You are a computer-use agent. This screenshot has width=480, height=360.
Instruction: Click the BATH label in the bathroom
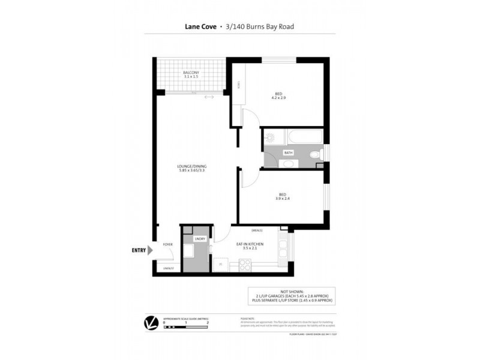[x=289, y=153]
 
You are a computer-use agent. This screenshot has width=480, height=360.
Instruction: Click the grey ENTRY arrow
[x=151, y=250]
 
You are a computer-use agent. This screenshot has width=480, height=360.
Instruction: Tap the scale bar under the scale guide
[x=186, y=328]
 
